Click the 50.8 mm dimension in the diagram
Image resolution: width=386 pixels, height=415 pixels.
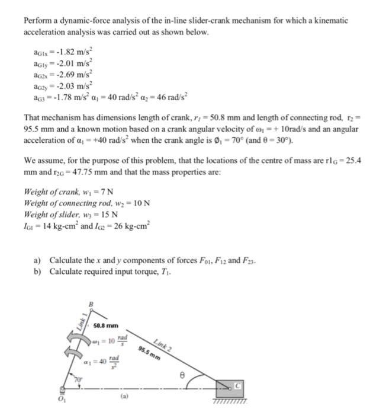pos(107,325)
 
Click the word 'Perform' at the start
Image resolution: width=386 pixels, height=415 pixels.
pos(37,20)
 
